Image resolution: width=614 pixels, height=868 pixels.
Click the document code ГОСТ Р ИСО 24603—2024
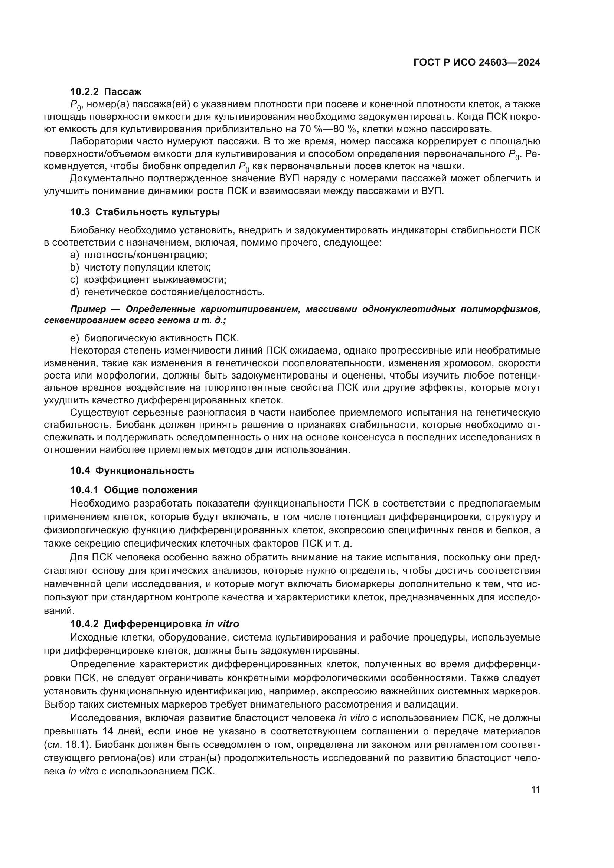(477, 63)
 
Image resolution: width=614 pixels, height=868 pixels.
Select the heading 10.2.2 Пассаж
(106, 92)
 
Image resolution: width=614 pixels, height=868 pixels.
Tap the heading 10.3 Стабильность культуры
(145, 212)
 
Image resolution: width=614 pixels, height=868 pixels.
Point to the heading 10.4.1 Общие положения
(134, 490)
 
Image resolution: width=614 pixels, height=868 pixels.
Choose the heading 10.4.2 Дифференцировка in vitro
(155, 624)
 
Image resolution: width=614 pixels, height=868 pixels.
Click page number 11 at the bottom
(535, 790)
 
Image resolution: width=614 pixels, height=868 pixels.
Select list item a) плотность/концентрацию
(139, 255)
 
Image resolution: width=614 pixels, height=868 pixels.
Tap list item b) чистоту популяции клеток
(140, 267)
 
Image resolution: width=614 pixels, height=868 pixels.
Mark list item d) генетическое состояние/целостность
(167, 292)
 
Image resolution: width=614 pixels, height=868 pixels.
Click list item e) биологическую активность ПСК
(155, 338)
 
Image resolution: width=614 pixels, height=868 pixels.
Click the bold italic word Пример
(88, 309)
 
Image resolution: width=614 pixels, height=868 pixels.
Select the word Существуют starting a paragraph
(97, 412)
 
